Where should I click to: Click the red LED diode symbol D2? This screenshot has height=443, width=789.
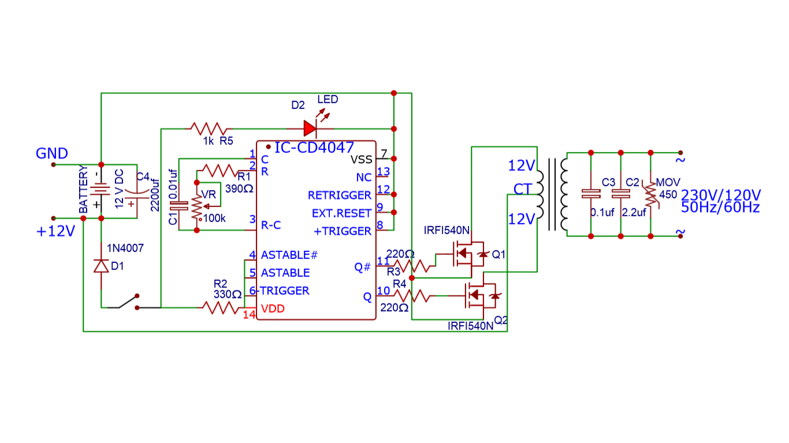311,128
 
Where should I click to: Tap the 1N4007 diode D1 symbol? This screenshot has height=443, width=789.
102,266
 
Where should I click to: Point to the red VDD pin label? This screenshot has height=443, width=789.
273,309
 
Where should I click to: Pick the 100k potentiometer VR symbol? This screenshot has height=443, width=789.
197,205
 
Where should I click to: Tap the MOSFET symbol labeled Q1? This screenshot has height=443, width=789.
468,254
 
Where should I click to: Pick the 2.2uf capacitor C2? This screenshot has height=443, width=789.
621,194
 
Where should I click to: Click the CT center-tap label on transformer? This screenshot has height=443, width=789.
522,189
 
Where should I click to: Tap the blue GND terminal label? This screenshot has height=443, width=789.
52,153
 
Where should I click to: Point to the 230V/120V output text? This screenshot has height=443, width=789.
721,194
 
